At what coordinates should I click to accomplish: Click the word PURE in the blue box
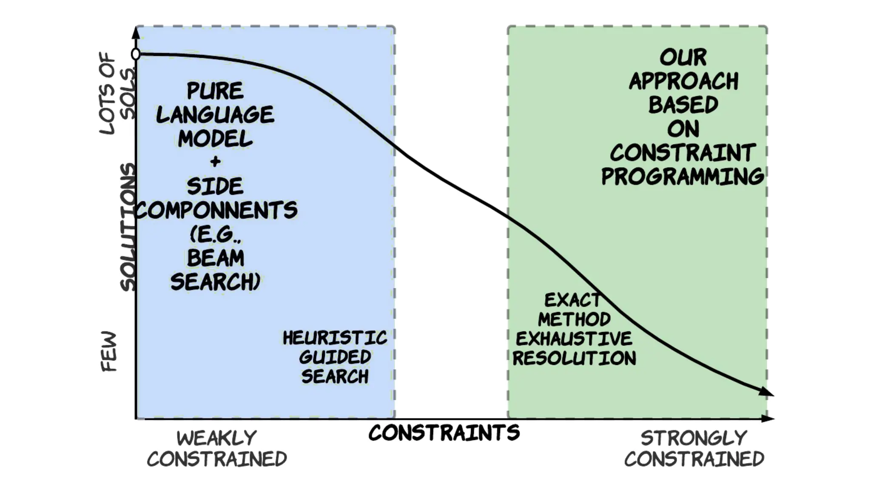click(215, 91)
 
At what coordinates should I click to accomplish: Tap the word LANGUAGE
click(215, 114)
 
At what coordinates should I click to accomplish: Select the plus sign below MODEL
click(215, 161)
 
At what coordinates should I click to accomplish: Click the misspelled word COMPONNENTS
click(216, 210)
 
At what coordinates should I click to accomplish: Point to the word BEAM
click(216, 258)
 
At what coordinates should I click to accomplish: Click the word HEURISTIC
click(335, 338)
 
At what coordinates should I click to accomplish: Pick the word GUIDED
click(335, 357)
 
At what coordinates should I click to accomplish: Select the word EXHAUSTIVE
click(574, 339)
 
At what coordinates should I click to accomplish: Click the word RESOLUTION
click(574, 358)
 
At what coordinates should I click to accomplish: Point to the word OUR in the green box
click(683, 57)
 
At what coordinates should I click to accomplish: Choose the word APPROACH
click(683, 81)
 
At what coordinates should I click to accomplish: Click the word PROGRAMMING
click(682, 177)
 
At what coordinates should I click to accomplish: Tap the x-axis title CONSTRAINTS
click(444, 433)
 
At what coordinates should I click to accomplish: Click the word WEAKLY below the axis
click(216, 438)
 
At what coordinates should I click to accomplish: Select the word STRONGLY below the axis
click(694, 438)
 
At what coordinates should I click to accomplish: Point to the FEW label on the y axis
click(109, 351)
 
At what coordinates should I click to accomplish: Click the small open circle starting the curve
click(136, 54)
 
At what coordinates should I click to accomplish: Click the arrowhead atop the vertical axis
click(136, 32)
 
